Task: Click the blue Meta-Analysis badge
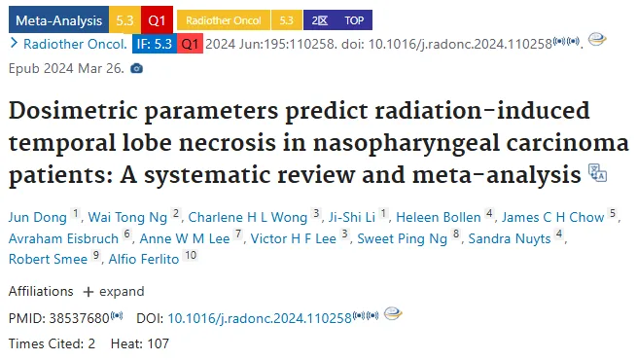pos(58,19)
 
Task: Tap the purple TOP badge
pos(354,20)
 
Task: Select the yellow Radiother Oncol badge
pos(224,20)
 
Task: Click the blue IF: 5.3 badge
pos(155,44)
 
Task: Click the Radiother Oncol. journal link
pos(75,44)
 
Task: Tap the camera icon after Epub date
pos(137,68)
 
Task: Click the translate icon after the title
pos(597,172)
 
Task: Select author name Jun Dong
pos(37,217)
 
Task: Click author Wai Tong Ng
pos(127,217)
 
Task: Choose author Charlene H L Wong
pos(248,217)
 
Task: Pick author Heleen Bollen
pos(439,217)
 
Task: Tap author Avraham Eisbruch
pos(63,238)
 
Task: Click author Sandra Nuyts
pos(510,238)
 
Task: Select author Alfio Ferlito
pos(144,259)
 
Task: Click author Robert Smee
pos(48,259)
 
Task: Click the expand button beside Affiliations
pos(114,291)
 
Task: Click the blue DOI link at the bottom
pos(260,318)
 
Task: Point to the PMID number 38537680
pos(80,318)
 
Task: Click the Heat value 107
pos(158,343)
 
